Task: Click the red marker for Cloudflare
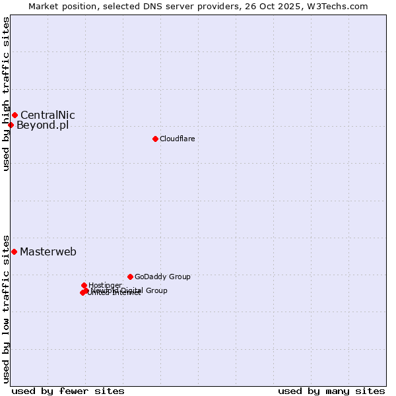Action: coord(155,139)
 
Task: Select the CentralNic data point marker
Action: coord(15,115)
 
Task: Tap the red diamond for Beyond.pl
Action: coord(11,125)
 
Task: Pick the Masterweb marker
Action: coord(14,251)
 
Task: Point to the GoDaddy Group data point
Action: coord(130,277)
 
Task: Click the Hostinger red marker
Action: coord(84,285)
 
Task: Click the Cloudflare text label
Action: coord(177,139)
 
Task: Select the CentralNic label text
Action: coord(48,115)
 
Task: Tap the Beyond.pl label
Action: coord(42,125)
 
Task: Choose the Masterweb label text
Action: coord(48,251)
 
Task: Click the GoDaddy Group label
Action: coord(162,277)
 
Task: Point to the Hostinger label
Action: coord(105,285)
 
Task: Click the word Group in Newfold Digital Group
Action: coord(156,290)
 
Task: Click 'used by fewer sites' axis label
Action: coord(68,391)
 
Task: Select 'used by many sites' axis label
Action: coord(331,391)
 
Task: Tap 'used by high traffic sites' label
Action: coord(6,94)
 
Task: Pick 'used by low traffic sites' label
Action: coord(6,308)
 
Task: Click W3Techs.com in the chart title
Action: coord(339,6)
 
